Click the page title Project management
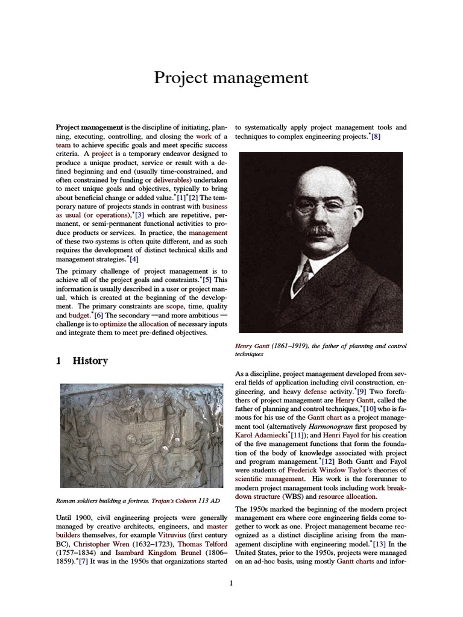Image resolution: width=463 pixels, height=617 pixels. tap(231, 78)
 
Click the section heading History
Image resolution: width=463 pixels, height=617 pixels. tap(90, 361)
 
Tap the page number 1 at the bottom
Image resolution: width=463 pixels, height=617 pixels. tap(231, 583)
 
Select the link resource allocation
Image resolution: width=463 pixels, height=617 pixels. tap(347, 496)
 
